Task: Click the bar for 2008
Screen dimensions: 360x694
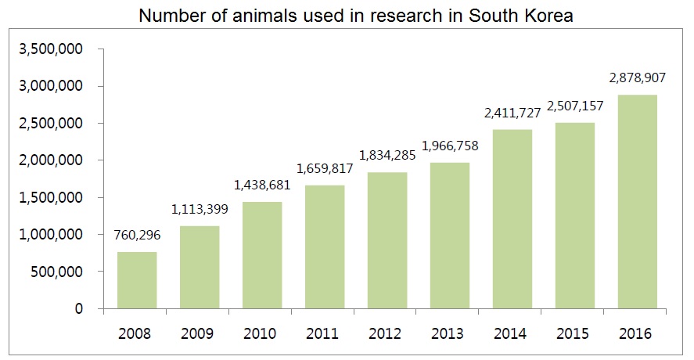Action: pyautogui.click(x=137, y=280)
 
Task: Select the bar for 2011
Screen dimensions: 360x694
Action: pyautogui.click(x=325, y=247)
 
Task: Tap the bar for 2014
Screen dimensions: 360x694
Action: pyautogui.click(x=512, y=219)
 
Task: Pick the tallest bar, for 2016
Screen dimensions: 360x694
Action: pyautogui.click(x=638, y=202)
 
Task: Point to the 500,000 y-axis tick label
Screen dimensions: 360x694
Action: pyautogui.click(x=61, y=272)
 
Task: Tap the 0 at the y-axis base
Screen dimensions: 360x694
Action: pyautogui.click(x=80, y=309)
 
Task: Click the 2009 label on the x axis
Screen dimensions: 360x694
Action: pyautogui.click(x=200, y=333)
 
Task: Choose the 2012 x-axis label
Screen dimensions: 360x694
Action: pyautogui.click(x=387, y=333)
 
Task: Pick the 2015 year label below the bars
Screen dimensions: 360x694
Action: pyautogui.click(x=575, y=333)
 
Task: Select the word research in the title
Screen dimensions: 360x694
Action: pyautogui.click(x=388, y=15)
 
